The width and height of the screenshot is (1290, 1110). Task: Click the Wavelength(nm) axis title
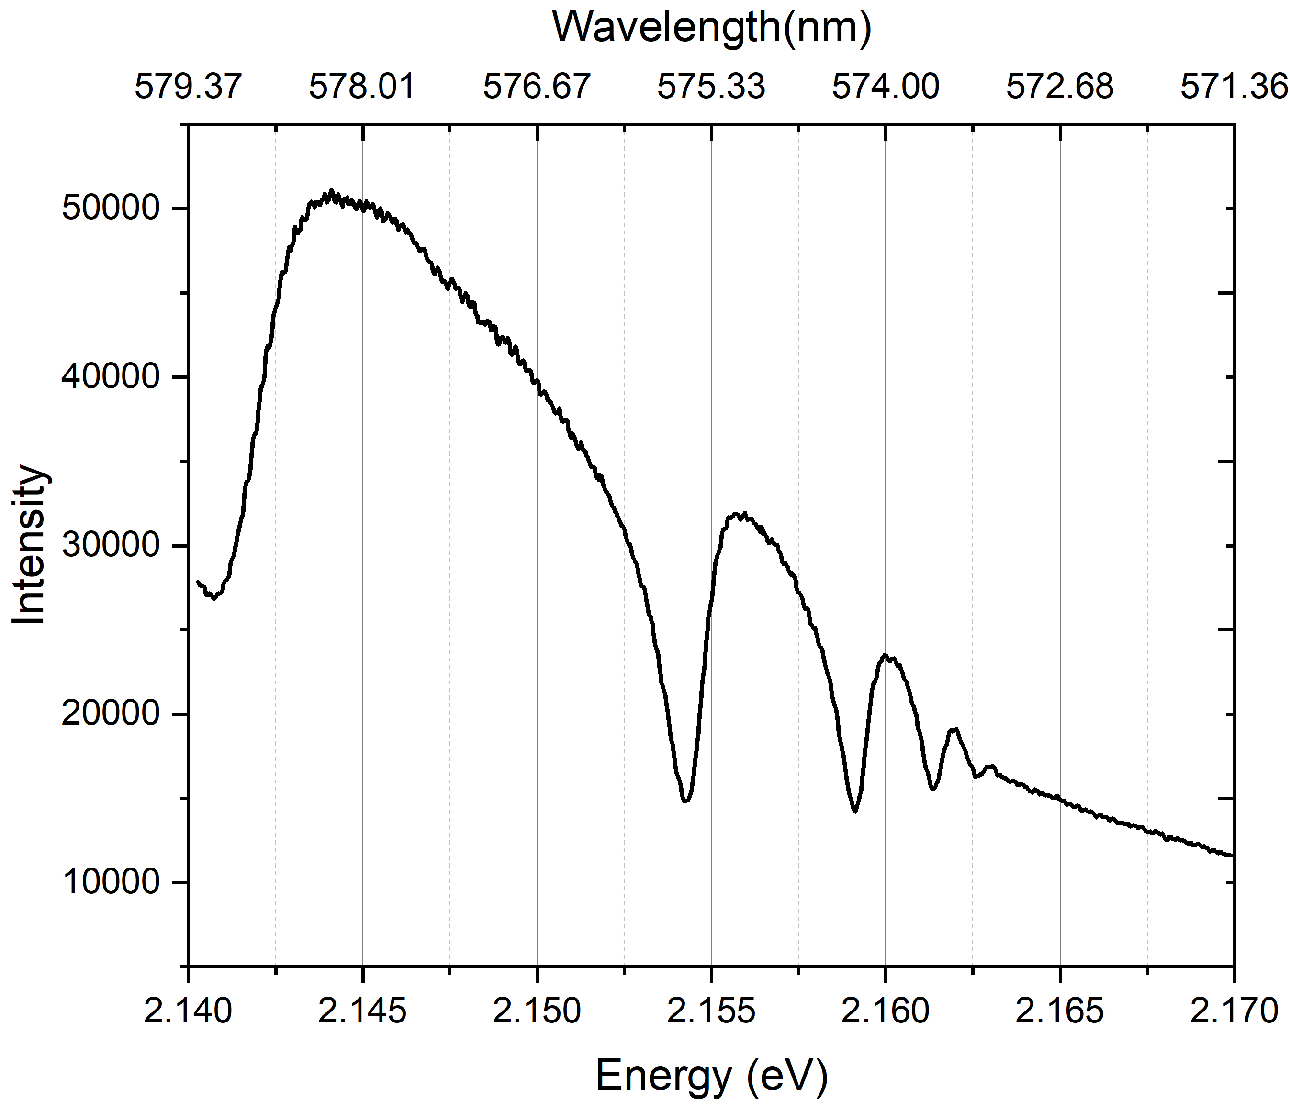(712, 28)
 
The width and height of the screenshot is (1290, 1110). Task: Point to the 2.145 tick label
(362, 1011)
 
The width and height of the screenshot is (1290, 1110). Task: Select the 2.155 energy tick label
(711, 1011)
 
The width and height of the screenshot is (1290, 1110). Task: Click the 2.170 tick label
(1233, 1011)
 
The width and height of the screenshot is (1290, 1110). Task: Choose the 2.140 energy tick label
(188, 1011)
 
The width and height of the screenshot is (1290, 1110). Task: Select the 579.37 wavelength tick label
(188, 87)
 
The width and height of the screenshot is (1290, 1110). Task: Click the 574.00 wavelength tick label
(886, 87)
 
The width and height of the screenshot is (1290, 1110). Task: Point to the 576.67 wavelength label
(537, 87)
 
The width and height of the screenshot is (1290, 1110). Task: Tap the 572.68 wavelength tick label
(1060, 87)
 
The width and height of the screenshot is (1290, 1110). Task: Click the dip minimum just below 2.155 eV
(686, 801)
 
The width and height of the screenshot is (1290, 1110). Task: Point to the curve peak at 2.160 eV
(886, 655)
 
